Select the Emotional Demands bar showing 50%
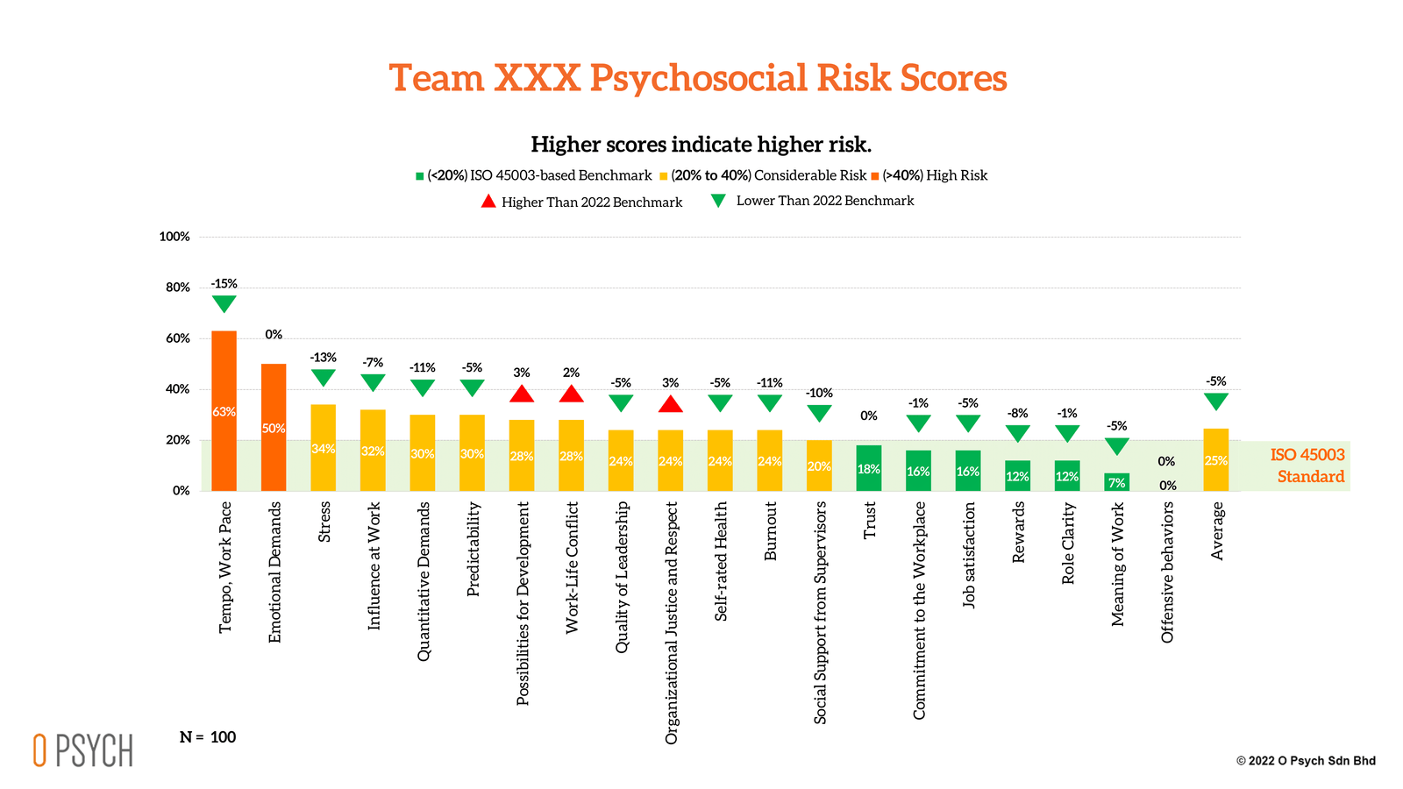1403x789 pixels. tap(274, 427)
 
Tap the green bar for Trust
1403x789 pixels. tap(869, 468)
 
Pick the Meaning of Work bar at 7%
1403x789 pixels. tap(1117, 482)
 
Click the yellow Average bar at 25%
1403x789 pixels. tap(1216, 459)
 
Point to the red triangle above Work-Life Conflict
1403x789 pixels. tap(572, 394)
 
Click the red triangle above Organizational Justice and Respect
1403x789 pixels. tap(671, 404)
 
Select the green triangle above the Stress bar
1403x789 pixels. tap(324, 378)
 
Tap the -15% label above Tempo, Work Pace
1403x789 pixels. tap(224, 284)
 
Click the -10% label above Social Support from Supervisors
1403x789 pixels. tap(819, 393)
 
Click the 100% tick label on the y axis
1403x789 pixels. tap(174, 237)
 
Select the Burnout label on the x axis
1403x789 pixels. tap(771, 531)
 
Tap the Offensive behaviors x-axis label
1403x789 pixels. tap(1167, 572)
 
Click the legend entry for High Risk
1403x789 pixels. tap(935, 175)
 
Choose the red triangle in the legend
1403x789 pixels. tap(488, 202)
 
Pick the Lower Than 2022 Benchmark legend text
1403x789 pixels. tap(824, 201)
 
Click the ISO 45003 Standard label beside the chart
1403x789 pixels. tap(1307, 466)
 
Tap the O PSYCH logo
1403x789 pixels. tap(83, 750)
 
